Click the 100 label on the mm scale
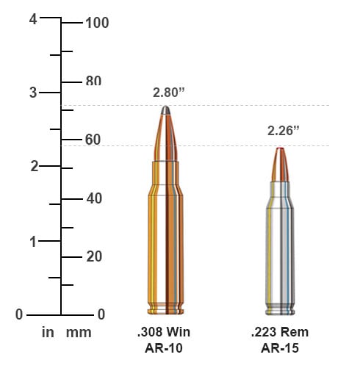coord(97,23)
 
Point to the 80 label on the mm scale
coord(93,81)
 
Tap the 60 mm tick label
coord(93,140)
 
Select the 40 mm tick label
coord(94,198)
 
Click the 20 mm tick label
coord(94,256)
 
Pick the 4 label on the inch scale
coord(33,19)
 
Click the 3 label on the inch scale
coord(33,93)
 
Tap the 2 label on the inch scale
coord(35,166)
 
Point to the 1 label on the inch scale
coord(33,242)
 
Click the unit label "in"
coord(48,332)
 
